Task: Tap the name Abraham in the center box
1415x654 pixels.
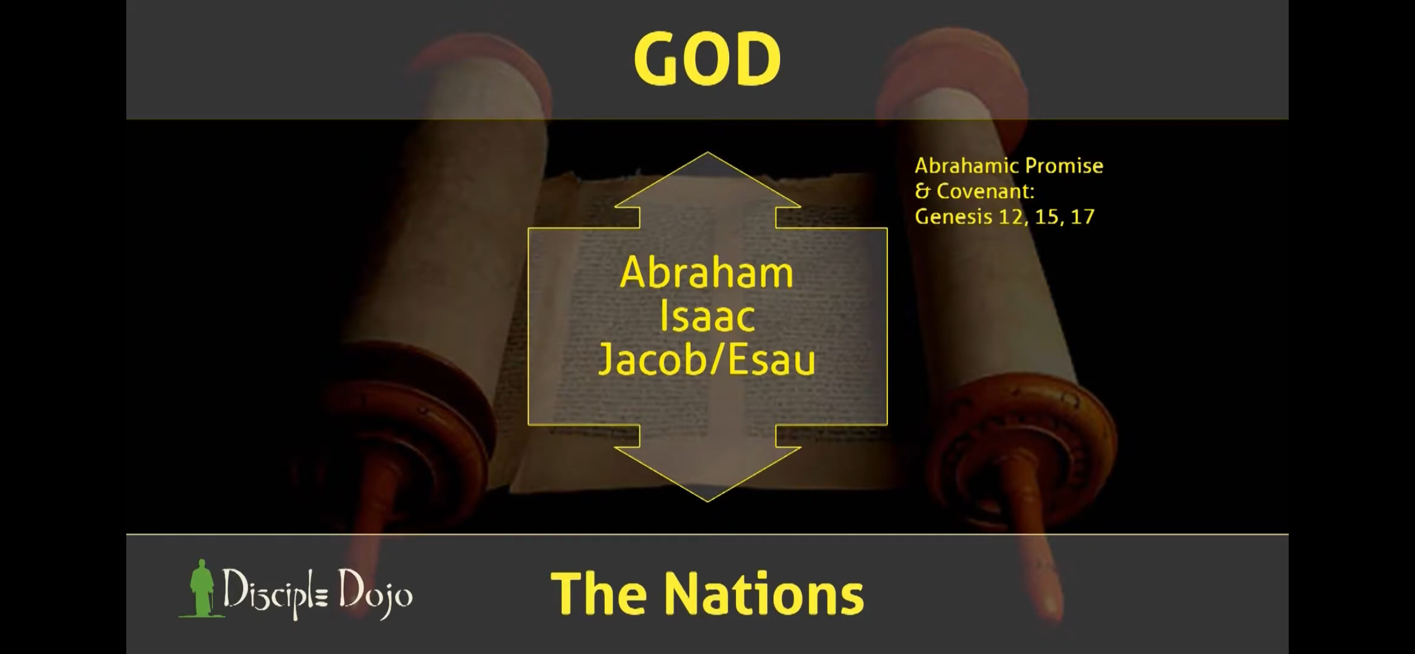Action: coord(707,273)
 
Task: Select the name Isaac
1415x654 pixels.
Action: coord(707,316)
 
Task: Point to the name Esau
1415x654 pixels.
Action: coord(771,360)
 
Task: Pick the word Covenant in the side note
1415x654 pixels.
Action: coord(986,191)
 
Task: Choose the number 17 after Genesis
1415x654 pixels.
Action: coord(1082,217)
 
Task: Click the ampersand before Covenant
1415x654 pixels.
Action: coord(923,191)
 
